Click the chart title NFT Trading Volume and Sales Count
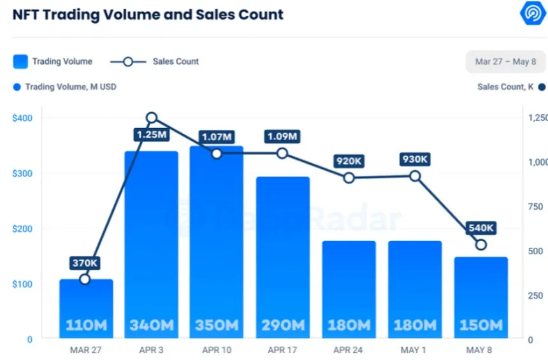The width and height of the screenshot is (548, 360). [148, 14]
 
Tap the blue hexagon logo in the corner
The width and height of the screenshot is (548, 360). [531, 13]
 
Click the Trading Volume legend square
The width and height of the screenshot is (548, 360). [20, 62]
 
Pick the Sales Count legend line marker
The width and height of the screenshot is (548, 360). [127, 62]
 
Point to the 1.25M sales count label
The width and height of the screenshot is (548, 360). [151, 135]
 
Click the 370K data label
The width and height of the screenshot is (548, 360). [85, 263]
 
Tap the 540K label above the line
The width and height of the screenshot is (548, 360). [481, 228]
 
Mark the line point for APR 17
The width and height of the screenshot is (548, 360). [282, 154]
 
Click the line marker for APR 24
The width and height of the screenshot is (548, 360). [349, 178]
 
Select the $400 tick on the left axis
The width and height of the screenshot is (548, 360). [22, 118]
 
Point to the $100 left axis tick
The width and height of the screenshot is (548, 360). [22, 284]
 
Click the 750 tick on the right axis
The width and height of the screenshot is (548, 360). [536, 206]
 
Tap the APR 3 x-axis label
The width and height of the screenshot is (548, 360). [151, 350]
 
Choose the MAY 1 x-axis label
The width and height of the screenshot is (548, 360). [415, 350]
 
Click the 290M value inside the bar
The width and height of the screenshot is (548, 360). [282, 325]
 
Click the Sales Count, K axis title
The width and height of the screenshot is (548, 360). [505, 87]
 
